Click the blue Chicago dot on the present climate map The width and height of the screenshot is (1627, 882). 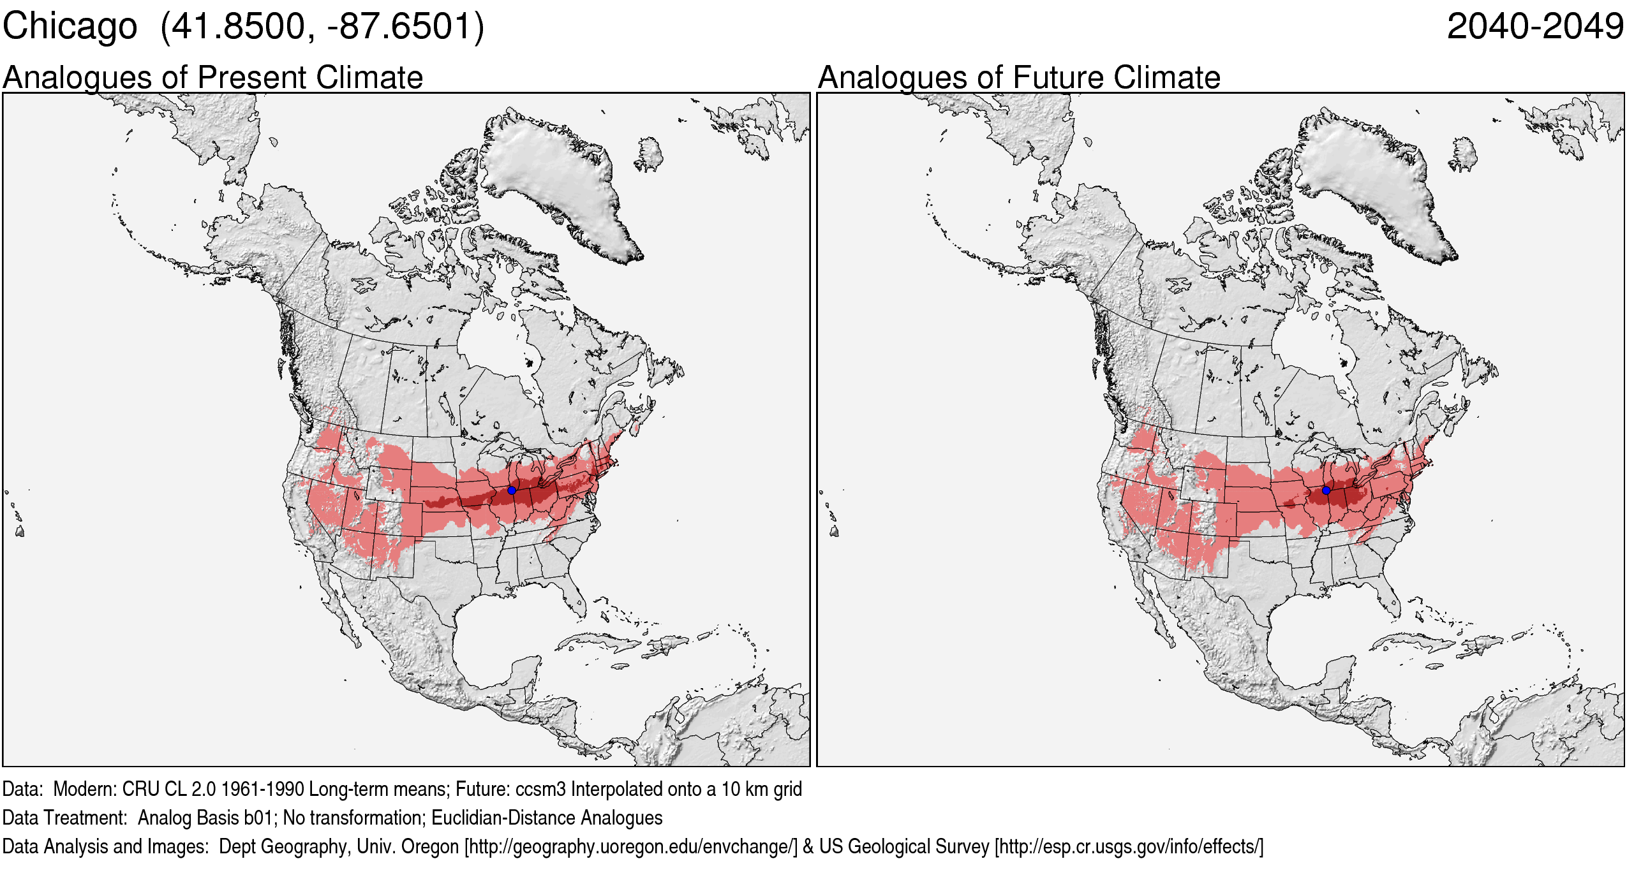(512, 490)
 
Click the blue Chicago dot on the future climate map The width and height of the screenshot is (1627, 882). (1326, 490)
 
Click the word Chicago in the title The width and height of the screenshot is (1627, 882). (70, 27)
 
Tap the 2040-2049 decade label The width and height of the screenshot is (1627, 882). (1534, 27)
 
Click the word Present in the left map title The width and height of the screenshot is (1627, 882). (252, 78)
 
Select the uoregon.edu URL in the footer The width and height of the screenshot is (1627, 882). (631, 846)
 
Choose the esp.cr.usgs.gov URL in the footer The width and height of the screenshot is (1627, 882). (1129, 846)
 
